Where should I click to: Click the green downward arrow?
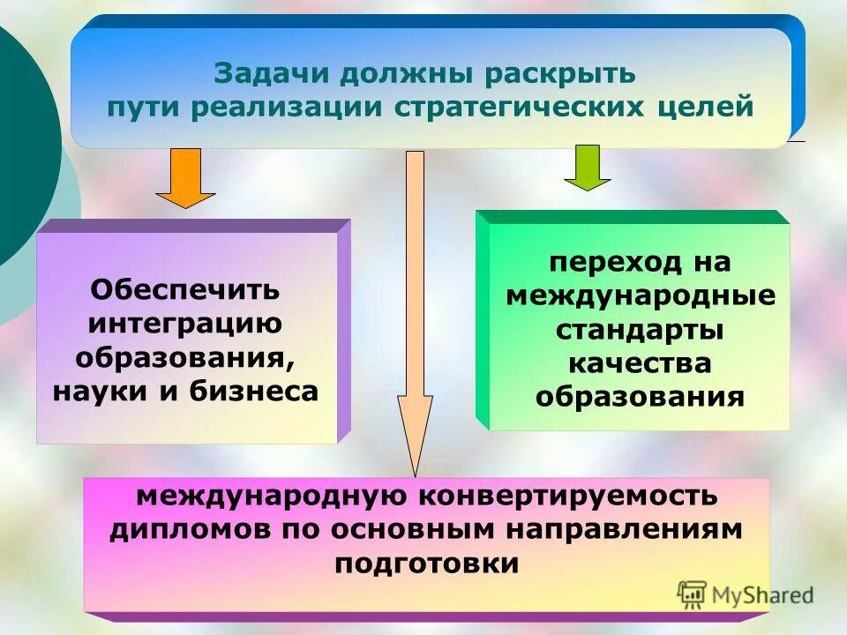tap(587, 168)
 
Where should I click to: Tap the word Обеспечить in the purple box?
tap(185, 288)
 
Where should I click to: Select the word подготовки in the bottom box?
tap(426, 563)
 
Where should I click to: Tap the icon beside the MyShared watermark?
tap(693, 594)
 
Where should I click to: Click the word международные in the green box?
tap(641, 295)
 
